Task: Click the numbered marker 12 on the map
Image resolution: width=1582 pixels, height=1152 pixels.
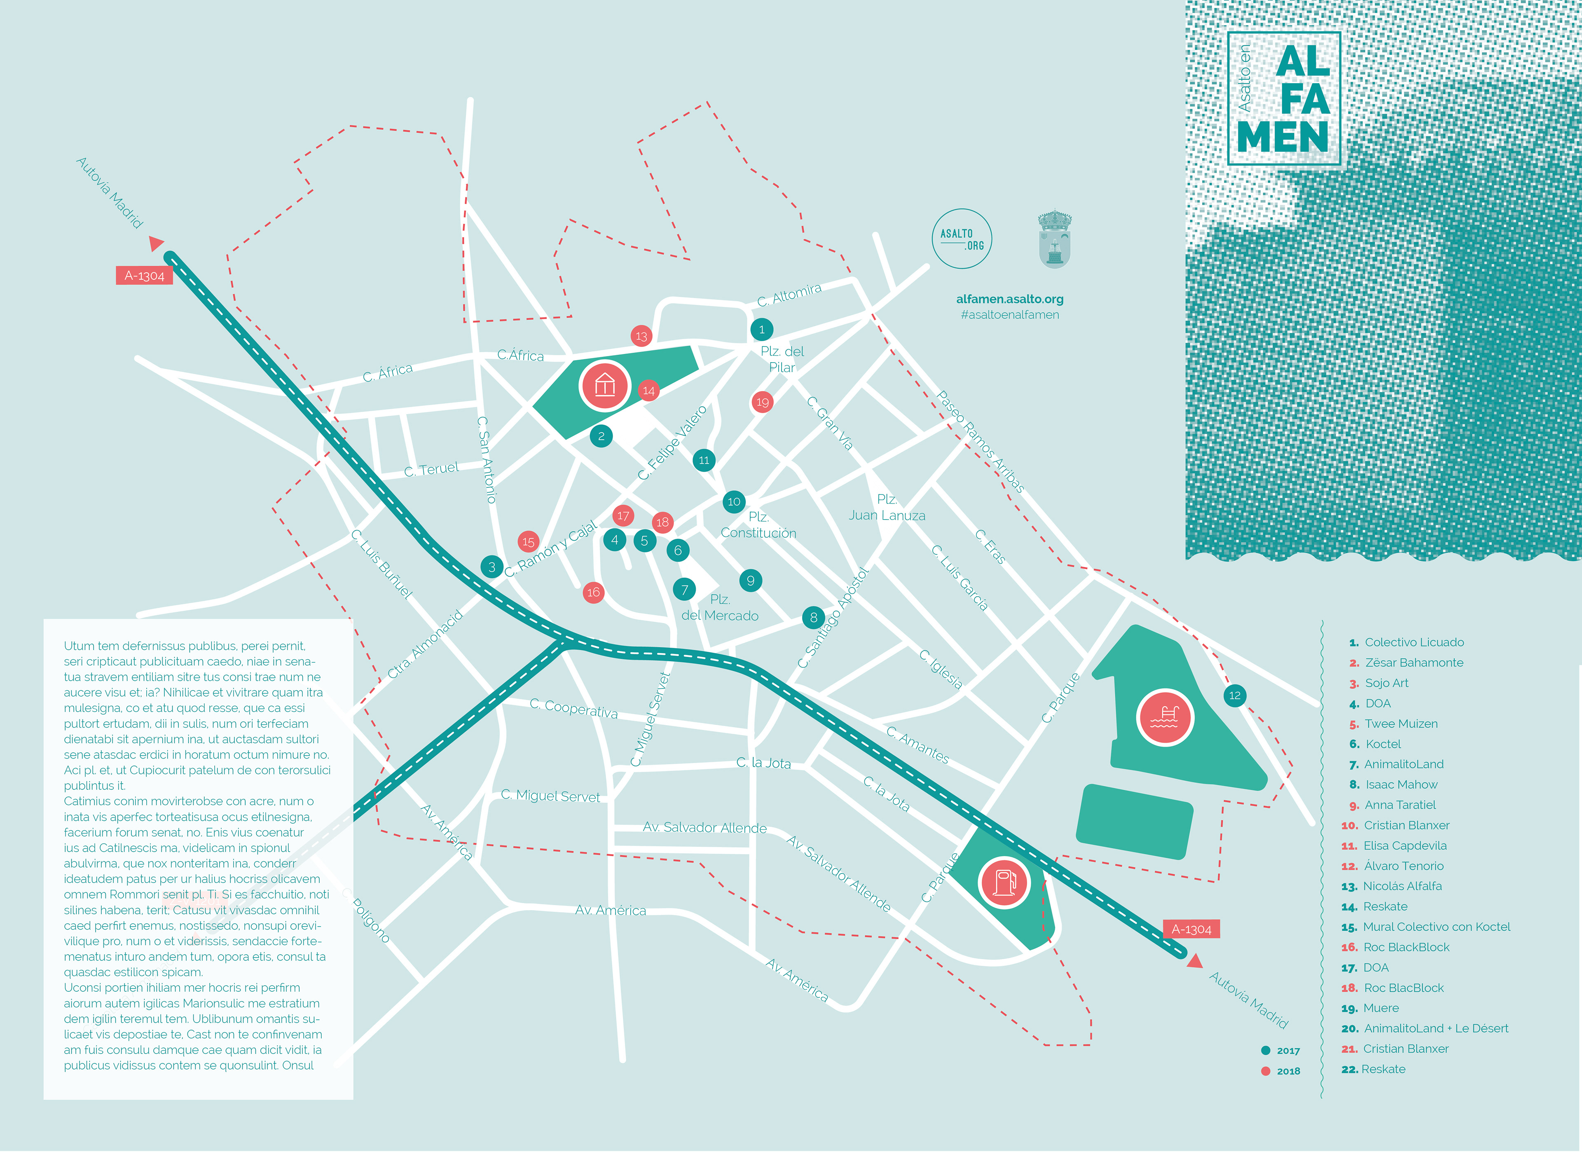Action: (x=1235, y=695)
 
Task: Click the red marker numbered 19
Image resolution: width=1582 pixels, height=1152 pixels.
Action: (x=763, y=402)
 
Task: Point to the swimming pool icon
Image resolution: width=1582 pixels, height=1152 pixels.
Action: (x=1164, y=717)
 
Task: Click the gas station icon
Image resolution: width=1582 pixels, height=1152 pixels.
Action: (x=1004, y=881)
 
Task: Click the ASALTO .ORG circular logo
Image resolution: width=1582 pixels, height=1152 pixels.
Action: (x=962, y=239)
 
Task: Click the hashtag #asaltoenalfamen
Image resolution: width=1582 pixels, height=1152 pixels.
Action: (x=1009, y=315)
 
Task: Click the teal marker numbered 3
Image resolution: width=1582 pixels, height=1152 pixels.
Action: (x=492, y=567)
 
